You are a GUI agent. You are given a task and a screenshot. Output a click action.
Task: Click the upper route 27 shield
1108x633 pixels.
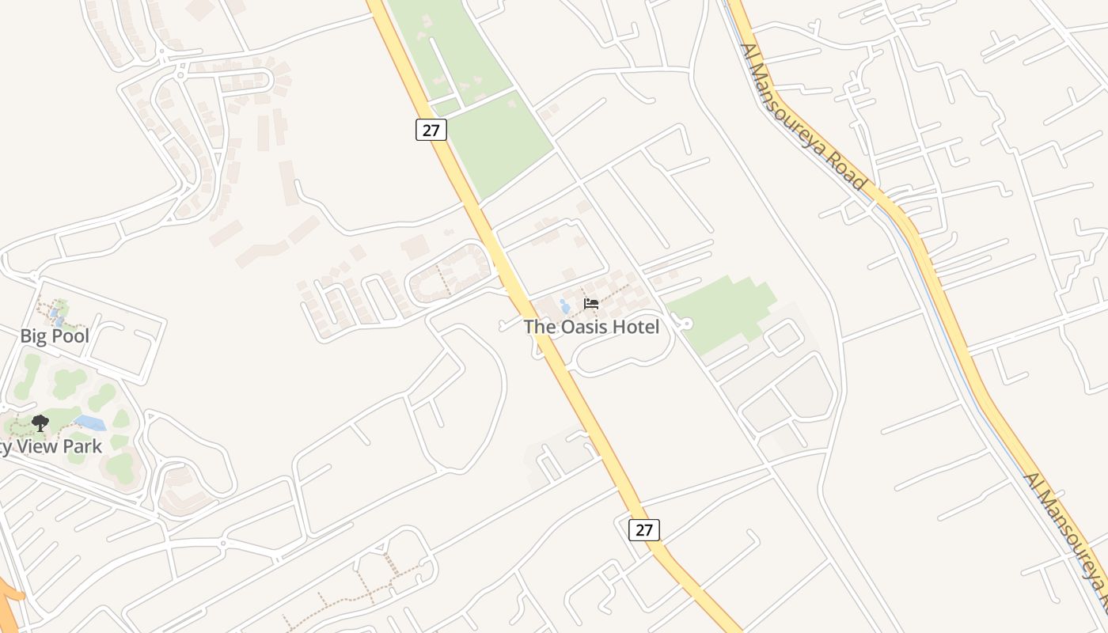coord(431,130)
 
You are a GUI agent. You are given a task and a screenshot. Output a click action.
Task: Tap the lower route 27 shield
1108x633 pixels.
coord(644,529)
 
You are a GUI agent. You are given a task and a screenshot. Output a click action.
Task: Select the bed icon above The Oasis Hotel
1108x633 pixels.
coord(590,303)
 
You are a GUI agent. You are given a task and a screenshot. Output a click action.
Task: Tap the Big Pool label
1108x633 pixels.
coord(54,336)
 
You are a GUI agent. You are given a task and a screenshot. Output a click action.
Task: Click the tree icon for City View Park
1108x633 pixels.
coord(40,423)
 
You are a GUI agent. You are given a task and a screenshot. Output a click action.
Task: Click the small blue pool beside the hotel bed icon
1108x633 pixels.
coord(564,305)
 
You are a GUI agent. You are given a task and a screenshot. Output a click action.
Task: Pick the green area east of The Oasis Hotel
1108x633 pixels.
coord(720,313)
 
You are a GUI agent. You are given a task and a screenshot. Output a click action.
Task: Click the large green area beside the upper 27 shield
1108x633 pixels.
coord(499,142)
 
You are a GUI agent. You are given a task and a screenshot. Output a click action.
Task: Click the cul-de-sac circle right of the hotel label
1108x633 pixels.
coord(685,323)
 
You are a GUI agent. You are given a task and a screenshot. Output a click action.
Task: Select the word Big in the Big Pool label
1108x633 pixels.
coord(33,336)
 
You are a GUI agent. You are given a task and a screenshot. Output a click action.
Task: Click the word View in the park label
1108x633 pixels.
coord(42,446)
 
